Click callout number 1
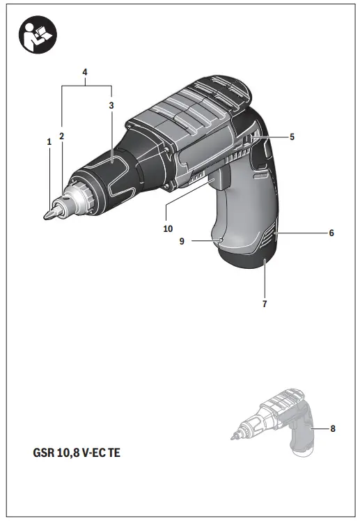(49, 141)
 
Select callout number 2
(62, 136)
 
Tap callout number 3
(111, 105)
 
